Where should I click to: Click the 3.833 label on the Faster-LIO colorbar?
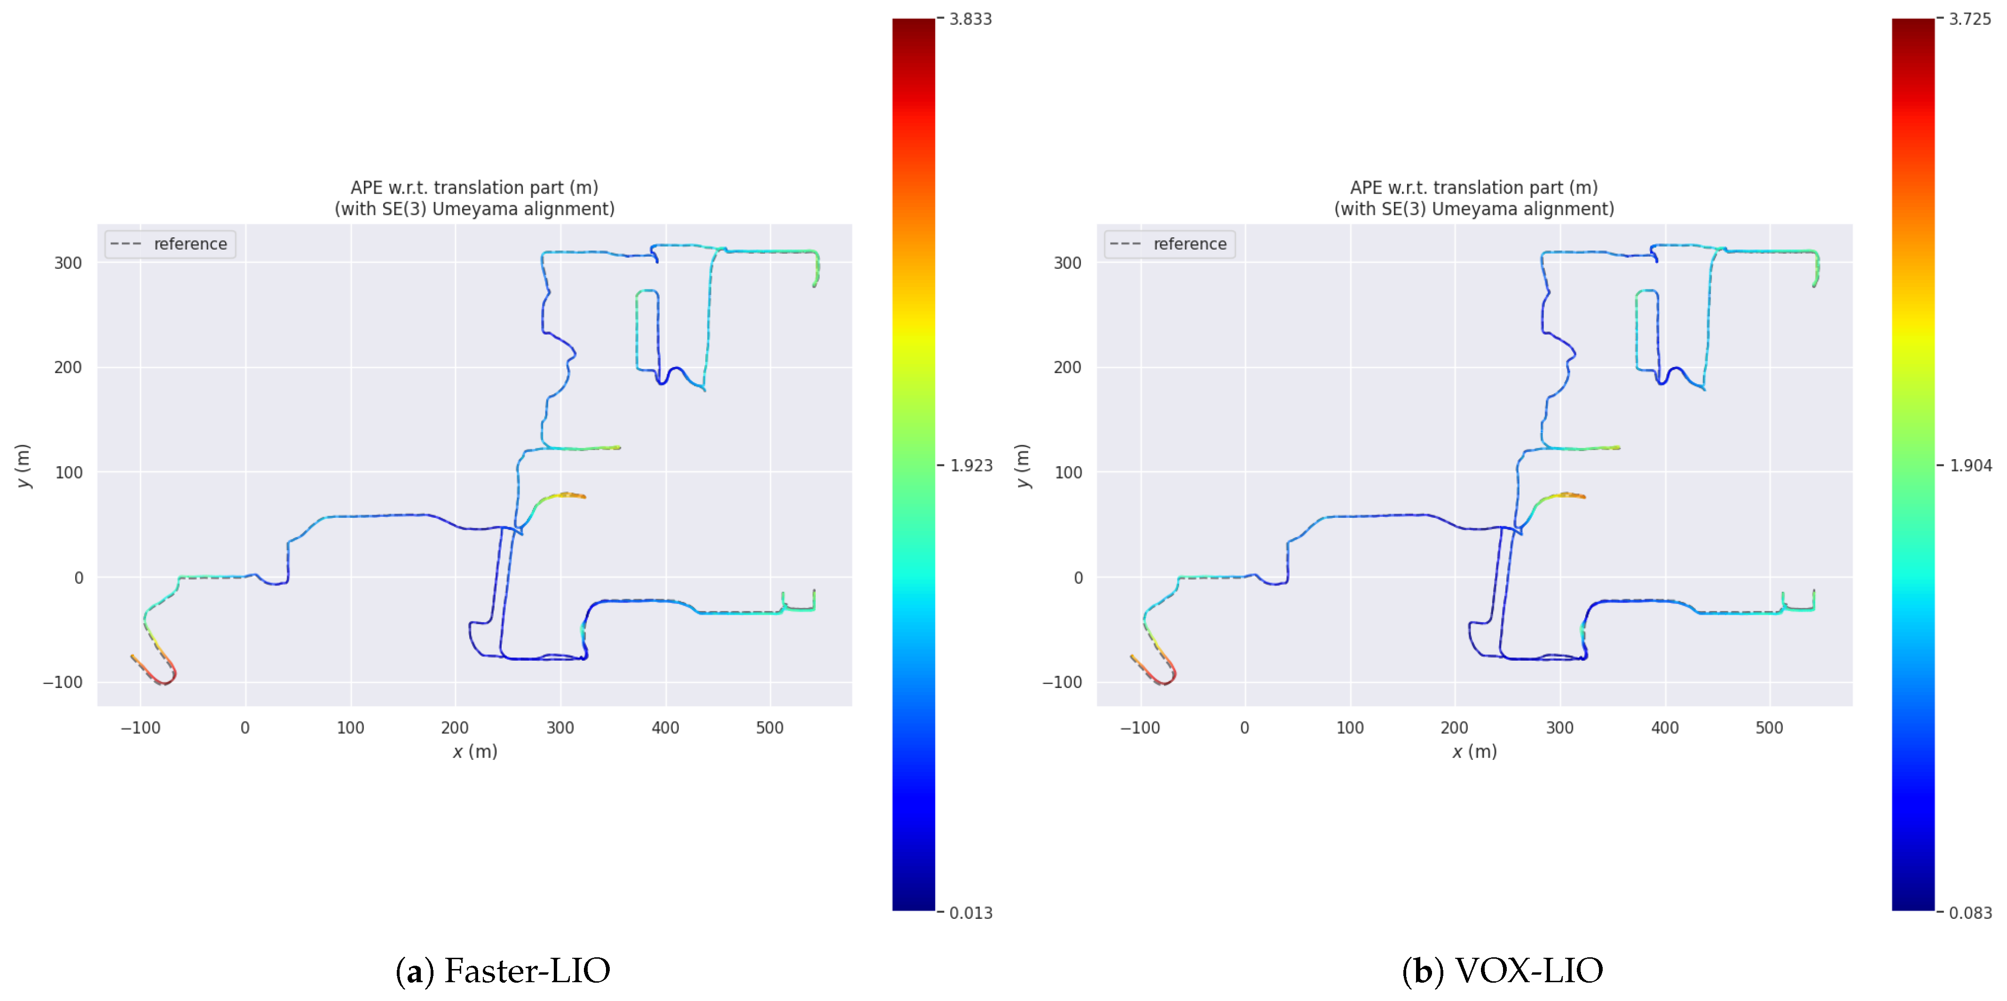pyautogui.click(x=969, y=19)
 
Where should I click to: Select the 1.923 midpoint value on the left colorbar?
pyautogui.click(x=971, y=466)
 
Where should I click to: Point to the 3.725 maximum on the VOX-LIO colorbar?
pyautogui.click(x=1969, y=19)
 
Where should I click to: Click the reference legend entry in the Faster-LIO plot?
pyautogui.click(x=189, y=244)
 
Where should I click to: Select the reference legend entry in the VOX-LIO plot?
pyautogui.click(x=1189, y=244)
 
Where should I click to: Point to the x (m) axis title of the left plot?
pyautogui.click(x=474, y=752)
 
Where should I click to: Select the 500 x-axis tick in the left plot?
pyautogui.click(x=770, y=727)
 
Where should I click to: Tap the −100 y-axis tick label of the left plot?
pyautogui.click(x=63, y=682)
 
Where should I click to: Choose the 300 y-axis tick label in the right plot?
pyautogui.click(x=1067, y=263)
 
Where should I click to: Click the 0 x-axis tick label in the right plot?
pyautogui.click(x=1244, y=727)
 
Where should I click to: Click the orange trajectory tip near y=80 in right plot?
pyautogui.click(x=1575, y=495)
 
